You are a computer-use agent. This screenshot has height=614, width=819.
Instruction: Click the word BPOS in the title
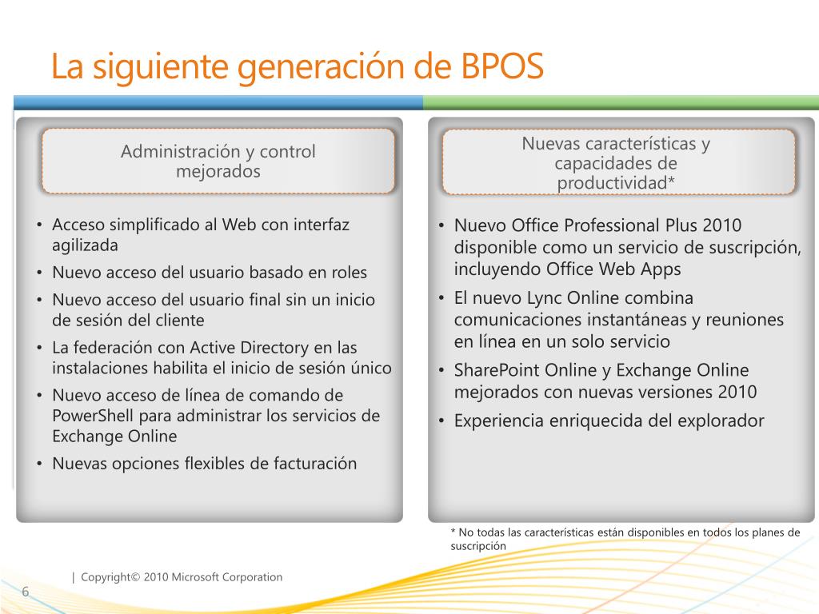[501, 67]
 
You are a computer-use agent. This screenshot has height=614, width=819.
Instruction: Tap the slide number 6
[25, 592]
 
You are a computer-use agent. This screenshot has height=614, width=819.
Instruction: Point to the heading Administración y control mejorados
[218, 161]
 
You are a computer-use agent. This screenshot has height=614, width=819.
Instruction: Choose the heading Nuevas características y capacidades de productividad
[617, 163]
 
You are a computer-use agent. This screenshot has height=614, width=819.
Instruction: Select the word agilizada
[85, 245]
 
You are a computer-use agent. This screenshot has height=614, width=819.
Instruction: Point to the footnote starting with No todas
[625, 539]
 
